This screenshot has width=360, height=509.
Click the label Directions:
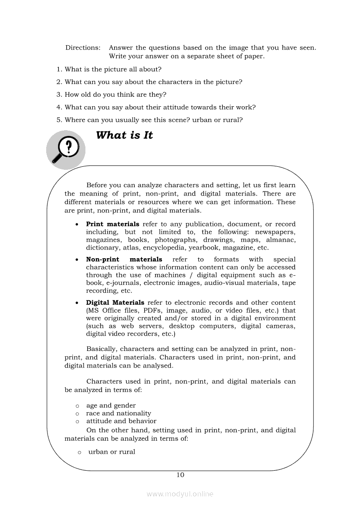coord(83,47)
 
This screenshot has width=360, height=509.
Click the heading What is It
coord(124,135)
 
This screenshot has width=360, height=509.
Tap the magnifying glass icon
coord(66,149)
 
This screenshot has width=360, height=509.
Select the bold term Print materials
coord(112,224)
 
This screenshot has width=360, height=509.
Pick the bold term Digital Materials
coord(115,303)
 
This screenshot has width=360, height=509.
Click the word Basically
coord(102,349)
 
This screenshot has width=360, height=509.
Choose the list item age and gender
coord(111,405)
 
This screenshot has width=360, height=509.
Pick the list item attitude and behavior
coord(121,421)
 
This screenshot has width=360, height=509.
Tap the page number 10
coord(180,475)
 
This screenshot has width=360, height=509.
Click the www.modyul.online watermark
coord(180,494)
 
